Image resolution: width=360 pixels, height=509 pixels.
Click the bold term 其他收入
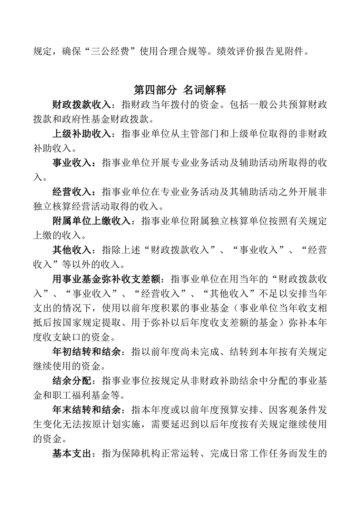point(72,250)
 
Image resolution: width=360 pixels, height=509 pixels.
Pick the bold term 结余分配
point(72,380)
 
